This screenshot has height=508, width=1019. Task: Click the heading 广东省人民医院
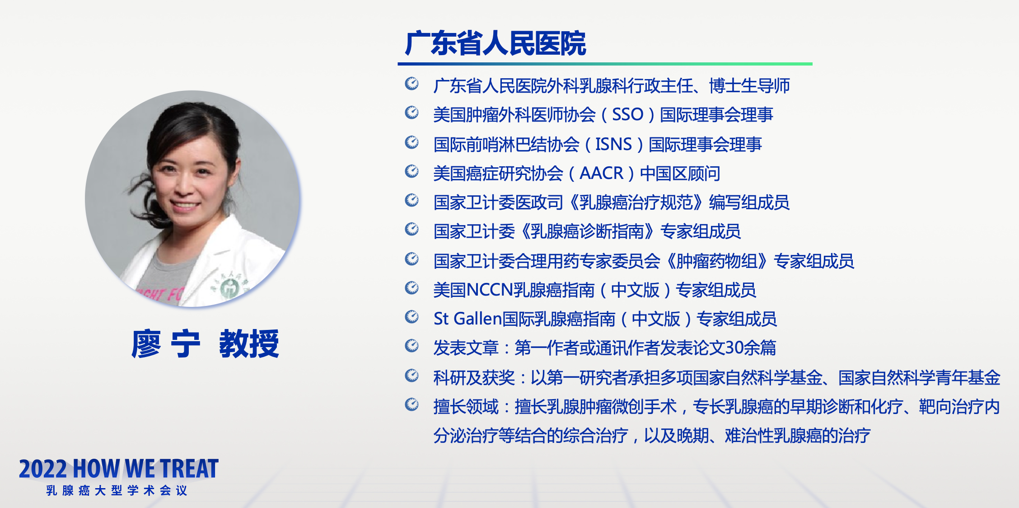pyautogui.click(x=495, y=43)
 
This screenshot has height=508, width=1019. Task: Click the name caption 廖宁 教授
pyautogui.click(x=205, y=344)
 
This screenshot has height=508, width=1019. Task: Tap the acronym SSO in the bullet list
pyautogui.click(x=627, y=114)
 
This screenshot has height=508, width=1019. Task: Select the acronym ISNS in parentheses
pyautogui.click(x=613, y=144)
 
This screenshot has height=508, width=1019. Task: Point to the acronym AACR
pyautogui.click(x=601, y=173)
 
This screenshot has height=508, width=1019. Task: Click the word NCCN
pyautogui.click(x=490, y=290)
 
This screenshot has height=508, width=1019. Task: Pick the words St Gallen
pyautogui.click(x=468, y=319)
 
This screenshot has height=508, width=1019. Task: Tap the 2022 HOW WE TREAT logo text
pyautogui.click(x=119, y=469)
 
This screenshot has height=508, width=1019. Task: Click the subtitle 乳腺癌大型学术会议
pyautogui.click(x=117, y=491)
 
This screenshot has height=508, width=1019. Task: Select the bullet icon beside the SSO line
pyautogui.click(x=411, y=112)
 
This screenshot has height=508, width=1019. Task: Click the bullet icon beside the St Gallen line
pyautogui.click(x=411, y=317)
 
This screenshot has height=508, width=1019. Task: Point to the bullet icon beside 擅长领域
pyautogui.click(x=411, y=404)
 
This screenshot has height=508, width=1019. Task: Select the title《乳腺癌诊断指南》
pyautogui.click(x=587, y=231)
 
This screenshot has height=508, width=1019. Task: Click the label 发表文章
pyautogui.click(x=466, y=348)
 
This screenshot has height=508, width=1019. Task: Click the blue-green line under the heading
pyautogui.click(x=605, y=64)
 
